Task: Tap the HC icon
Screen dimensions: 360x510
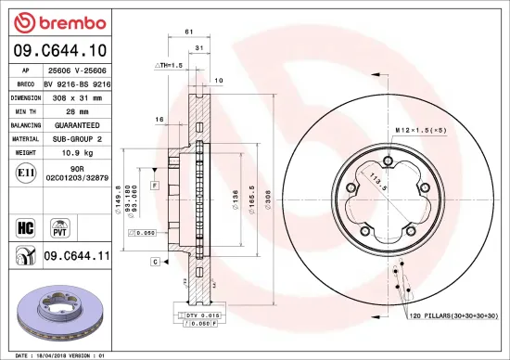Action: [x=25, y=225]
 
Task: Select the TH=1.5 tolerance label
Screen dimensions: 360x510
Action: [x=168, y=67]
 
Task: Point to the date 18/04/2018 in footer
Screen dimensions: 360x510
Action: [x=50, y=354]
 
